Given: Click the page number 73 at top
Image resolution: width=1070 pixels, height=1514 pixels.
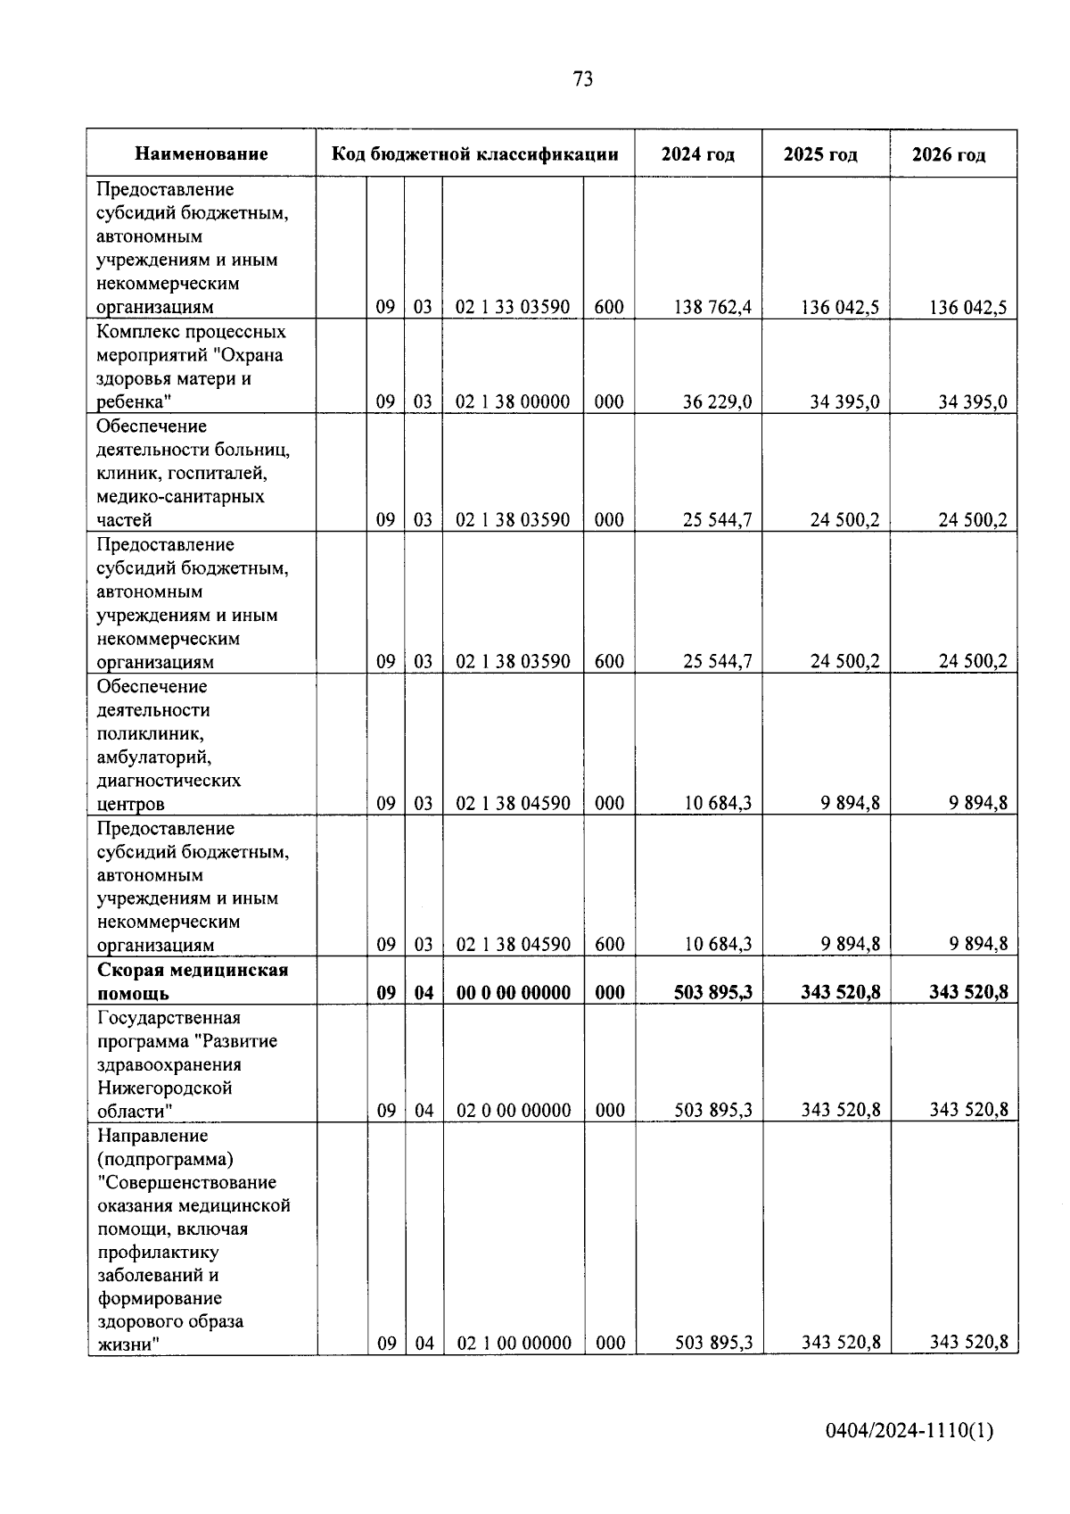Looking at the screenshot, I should [582, 79].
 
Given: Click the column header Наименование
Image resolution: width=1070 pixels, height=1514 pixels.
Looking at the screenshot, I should [202, 154].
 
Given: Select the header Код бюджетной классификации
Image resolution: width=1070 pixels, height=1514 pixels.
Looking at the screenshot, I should [475, 154].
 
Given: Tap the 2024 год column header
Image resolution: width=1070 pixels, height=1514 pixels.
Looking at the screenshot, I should [698, 154].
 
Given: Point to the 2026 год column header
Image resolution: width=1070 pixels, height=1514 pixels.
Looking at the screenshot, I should [949, 155].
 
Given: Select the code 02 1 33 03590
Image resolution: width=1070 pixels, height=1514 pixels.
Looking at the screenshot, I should [513, 308].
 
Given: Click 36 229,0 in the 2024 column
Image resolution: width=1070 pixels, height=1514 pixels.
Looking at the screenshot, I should [717, 402].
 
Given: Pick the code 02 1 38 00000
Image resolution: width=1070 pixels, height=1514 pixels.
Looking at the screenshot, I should [513, 402].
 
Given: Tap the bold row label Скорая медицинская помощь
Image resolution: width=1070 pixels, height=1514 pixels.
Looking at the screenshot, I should [193, 981].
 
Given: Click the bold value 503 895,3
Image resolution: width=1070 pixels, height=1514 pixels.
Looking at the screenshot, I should [713, 992].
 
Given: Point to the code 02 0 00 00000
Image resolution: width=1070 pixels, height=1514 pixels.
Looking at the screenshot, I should [514, 1111].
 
